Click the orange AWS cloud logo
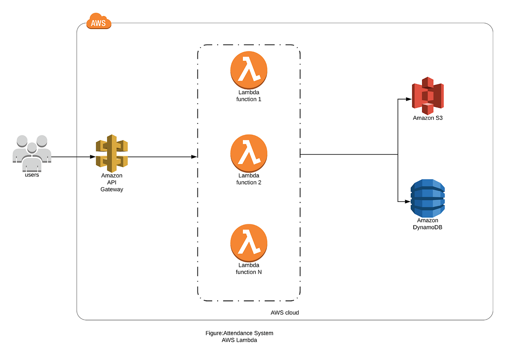click(x=99, y=21)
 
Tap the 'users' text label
click(x=32, y=175)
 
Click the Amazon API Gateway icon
click(x=111, y=153)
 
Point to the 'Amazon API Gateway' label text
click(x=112, y=183)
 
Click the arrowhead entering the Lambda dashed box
click(x=194, y=157)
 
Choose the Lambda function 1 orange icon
click(x=249, y=70)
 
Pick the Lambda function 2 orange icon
click(x=249, y=153)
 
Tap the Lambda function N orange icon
click(x=249, y=243)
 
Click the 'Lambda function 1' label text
click(x=249, y=96)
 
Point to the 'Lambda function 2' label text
click(x=249, y=179)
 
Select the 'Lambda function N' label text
click(x=249, y=269)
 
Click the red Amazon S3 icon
click(x=428, y=96)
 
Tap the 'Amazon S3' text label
click(x=428, y=118)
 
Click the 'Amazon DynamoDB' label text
click(x=428, y=224)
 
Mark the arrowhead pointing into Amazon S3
click(x=409, y=99)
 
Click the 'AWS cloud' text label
click(x=285, y=313)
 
